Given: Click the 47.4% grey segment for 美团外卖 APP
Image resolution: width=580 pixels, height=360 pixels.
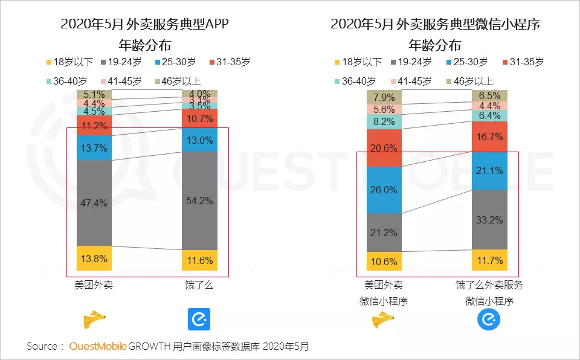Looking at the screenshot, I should point(94,202).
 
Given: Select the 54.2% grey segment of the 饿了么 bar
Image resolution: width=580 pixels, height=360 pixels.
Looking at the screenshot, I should point(200,201).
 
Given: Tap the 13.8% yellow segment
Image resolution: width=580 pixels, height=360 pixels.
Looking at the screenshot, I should point(94,258).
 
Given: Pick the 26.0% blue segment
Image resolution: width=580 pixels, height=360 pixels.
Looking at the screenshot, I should point(384,190).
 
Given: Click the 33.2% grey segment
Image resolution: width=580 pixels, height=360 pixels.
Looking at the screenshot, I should point(489,219).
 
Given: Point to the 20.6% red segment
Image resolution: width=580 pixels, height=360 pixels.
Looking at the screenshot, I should point(384,147).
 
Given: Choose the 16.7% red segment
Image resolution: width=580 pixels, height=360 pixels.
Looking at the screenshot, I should point(489,137).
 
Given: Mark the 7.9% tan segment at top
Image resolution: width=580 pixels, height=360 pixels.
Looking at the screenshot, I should point(384,97).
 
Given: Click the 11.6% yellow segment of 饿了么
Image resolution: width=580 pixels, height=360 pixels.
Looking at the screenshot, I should point(200,260).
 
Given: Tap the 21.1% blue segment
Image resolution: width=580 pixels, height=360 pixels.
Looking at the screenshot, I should point(489,171).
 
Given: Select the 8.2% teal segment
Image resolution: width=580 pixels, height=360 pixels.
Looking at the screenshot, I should point(384,121).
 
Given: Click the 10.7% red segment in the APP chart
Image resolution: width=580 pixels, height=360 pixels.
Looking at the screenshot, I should point(200,118).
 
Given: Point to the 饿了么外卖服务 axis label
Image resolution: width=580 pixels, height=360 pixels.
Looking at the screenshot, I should point(490,285).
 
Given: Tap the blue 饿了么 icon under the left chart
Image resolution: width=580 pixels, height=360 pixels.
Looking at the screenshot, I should point(199,318).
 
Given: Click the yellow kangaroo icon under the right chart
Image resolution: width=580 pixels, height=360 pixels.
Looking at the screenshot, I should point(383,319).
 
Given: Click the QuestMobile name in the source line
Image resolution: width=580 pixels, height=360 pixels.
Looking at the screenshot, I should point(98,347).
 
